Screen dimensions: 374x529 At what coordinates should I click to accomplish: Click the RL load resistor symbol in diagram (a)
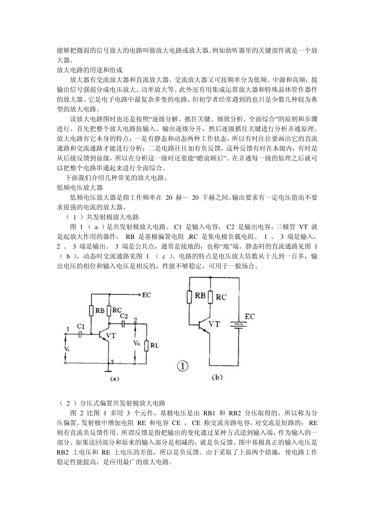[x=146, y=346]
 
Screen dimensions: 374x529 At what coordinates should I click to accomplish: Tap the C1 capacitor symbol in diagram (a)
[x=81, y=335]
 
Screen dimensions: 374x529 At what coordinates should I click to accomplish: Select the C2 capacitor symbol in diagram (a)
[x=124, y=324]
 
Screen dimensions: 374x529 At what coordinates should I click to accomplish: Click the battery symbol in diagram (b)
[x=239, y=325]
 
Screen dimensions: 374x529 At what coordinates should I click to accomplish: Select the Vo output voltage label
[x=137, y=343]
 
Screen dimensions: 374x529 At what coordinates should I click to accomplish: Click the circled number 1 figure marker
[x=182, y=366]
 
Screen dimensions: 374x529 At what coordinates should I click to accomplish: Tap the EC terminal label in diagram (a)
[x=146, y=295]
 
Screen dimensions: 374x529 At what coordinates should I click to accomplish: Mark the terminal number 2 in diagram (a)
[x=135, y=319]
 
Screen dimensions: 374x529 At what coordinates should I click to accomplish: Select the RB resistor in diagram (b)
[x=190, y=296]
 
